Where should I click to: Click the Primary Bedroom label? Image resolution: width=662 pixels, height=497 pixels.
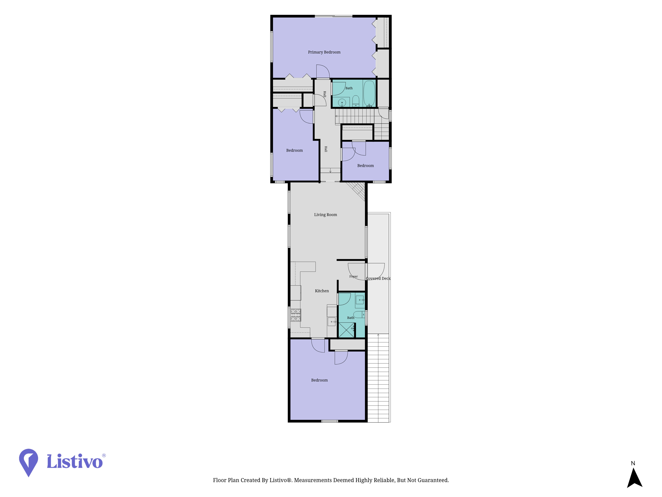click(x=324, y=52)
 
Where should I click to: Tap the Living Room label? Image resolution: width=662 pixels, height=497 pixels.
click(x=325, y=215)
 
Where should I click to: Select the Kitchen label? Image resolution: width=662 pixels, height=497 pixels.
click(x=322, y=291)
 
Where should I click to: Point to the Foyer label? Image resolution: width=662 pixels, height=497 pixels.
click(x=354, y=276)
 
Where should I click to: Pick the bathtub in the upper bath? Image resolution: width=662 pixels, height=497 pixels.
click(x=369, y=93)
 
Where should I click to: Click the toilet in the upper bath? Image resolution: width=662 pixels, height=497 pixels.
click(x=355, y=101)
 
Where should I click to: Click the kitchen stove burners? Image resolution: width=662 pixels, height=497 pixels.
click(x=296, y=315)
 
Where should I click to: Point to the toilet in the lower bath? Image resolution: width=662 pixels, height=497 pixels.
click(x=359, y=315)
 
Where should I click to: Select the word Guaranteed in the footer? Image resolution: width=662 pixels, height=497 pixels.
click(x=433, y=480)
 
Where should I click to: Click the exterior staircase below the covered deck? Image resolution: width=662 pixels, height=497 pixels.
click(x=378, y=378)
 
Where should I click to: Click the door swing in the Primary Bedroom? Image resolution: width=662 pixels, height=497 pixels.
click(x=323, y=71)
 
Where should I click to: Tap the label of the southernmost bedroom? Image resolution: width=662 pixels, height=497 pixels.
click(x=319, y=380)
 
